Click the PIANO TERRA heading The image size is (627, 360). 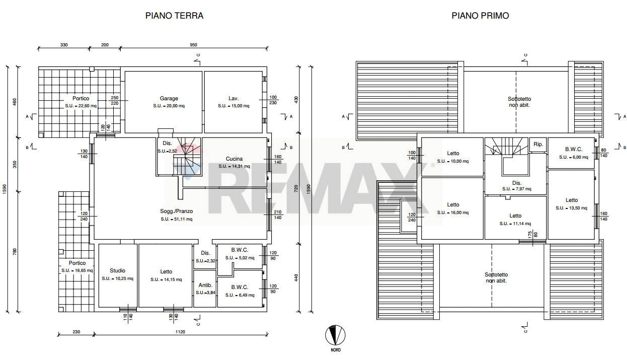[x=174, y=16]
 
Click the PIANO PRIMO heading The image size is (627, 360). [x=480, y=16]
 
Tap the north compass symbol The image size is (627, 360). [x=335, y=335]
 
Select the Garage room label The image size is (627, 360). [x=169, y=98]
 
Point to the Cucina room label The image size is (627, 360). [x=234, y=159]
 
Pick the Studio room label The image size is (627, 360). [x=117, y=271]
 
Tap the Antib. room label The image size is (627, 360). [x=205, y=285]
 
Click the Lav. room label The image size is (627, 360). [x=233, y=98]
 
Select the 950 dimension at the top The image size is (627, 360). [x=193, y=45]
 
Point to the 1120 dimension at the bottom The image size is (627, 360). [x=180, y=332]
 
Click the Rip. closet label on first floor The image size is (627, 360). [x=538, y=145]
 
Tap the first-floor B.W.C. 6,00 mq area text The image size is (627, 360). [x=574, y=157]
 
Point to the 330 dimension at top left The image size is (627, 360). [x=64, y=45]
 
